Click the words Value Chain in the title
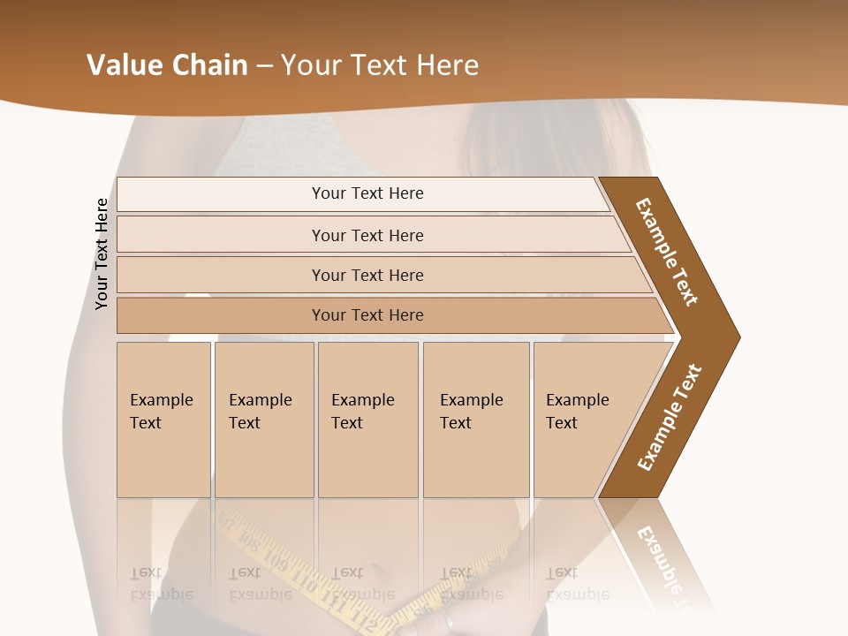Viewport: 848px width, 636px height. click(x=167, y=65)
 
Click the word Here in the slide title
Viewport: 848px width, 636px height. click(x=447, y=65)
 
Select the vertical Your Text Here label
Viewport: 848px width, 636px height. click(x=102, y=254)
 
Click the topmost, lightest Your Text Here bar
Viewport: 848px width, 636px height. click(x=367, y=193)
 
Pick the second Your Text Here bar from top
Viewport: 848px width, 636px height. click(x=367, y=235)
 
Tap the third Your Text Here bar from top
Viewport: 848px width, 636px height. click(x=367, y=275)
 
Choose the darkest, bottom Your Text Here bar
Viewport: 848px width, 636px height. click(x=367, y=315)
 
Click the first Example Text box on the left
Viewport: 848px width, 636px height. click(x=163, y=420)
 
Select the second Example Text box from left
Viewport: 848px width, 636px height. click(x=263, y=420)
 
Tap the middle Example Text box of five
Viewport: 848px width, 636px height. click(x=367, y=420)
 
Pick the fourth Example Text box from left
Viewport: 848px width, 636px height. click(x=475, y=420)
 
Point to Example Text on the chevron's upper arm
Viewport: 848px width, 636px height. click(x=667, y=251)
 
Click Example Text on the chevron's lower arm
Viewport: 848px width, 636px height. click(x=669, y=418)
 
